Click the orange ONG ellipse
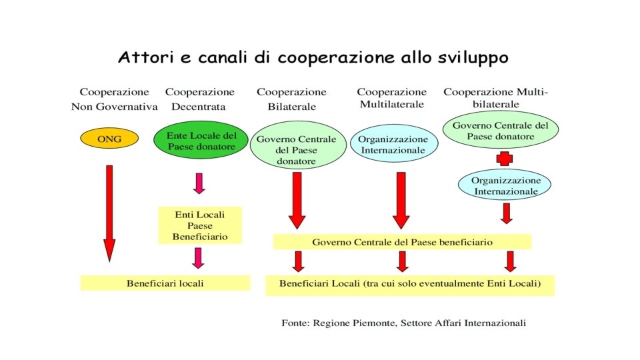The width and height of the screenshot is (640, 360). click(x=109, y=139)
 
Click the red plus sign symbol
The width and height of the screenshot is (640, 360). click(x=506, y=159)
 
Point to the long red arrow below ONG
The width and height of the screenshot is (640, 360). click(x=109, y=213)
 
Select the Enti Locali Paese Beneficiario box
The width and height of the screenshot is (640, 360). click(x=200, y=225)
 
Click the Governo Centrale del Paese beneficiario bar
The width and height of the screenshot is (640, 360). click(x=402, y=242)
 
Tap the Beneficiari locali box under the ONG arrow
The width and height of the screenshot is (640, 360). click(x=165, y=283)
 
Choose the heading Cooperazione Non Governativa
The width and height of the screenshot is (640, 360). click(x=114, y=99)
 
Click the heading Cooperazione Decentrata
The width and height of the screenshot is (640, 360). click(x=199, y=99)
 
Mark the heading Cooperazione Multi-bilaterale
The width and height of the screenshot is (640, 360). click(x=496, y=98)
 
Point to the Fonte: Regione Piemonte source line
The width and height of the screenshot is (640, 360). click(x=404, y=323)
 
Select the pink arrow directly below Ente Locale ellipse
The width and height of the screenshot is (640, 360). click(x=199, y=182)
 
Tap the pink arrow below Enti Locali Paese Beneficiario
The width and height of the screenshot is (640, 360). click(x=199, y=257)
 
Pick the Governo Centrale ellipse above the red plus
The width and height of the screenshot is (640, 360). click(x=500, y=130)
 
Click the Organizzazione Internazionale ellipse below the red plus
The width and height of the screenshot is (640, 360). click(x=505, y=185)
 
